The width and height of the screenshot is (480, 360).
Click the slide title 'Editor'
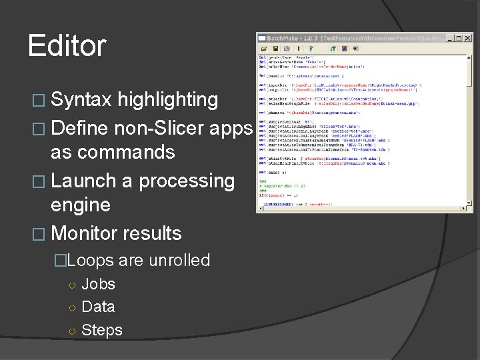tap(67, 46)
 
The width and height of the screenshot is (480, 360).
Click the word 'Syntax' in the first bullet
tap(81, 100)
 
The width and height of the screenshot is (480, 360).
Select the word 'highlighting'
tap(167, 100)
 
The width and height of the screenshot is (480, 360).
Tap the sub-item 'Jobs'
tap(98, 284)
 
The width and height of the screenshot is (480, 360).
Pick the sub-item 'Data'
tap(98, 307)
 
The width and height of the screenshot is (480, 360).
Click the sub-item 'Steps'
tap(101, 330)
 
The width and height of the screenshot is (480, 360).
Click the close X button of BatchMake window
tap(469, 38)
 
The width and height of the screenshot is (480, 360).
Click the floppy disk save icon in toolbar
tap(275, 49)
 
